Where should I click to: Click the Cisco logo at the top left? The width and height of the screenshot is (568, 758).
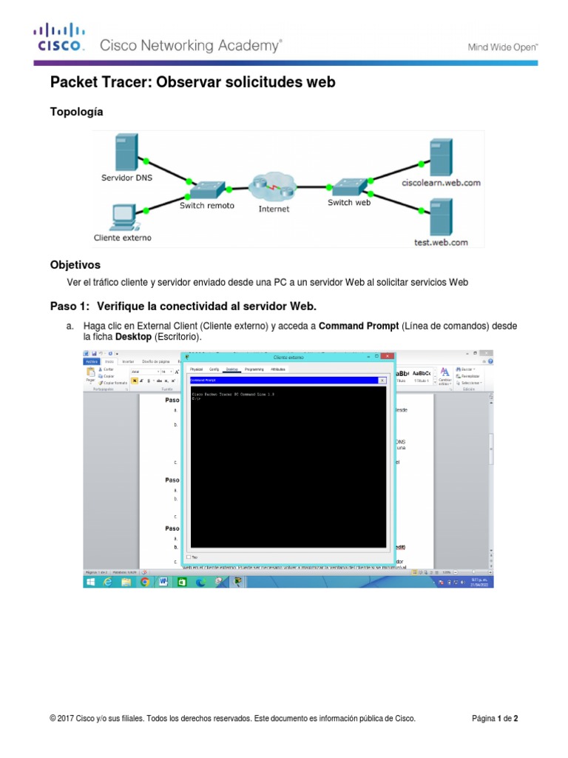pyautogui.click(x=60, y=37)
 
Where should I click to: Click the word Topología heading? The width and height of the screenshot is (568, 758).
pyautogui.click(x=76, y=112)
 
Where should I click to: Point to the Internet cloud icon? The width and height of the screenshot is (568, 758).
pyautogui.click(x=273, y=189)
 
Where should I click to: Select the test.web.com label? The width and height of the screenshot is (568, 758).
pyautogui.click(x=440, y=241)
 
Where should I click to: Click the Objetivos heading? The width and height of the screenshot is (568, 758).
pyautogui.click(x=75, y=264)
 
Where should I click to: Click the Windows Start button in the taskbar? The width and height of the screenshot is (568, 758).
pyautogui.click(x=90, y=582)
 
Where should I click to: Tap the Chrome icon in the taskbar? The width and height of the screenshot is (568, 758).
pyautogui.click(x=145, y=582)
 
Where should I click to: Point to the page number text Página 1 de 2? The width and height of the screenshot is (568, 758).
pyautogui.click(x=500, y=719)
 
